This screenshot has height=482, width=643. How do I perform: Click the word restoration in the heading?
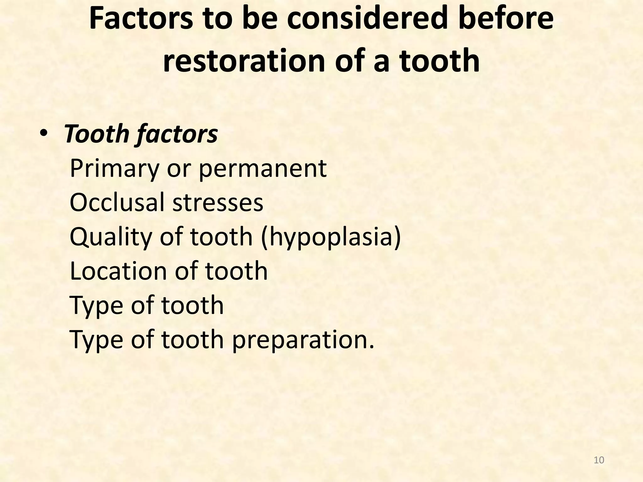(244, 60)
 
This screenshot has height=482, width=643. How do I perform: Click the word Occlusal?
(117, 203)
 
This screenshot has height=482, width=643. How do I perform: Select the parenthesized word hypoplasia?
(331, 237)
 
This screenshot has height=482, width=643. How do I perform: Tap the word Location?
(118, 271)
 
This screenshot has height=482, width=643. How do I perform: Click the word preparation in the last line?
(303, 340)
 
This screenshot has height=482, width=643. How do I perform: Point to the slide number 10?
(599, 460)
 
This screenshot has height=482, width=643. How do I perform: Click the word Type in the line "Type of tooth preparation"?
(96, 340)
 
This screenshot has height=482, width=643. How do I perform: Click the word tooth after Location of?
(236, 271)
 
